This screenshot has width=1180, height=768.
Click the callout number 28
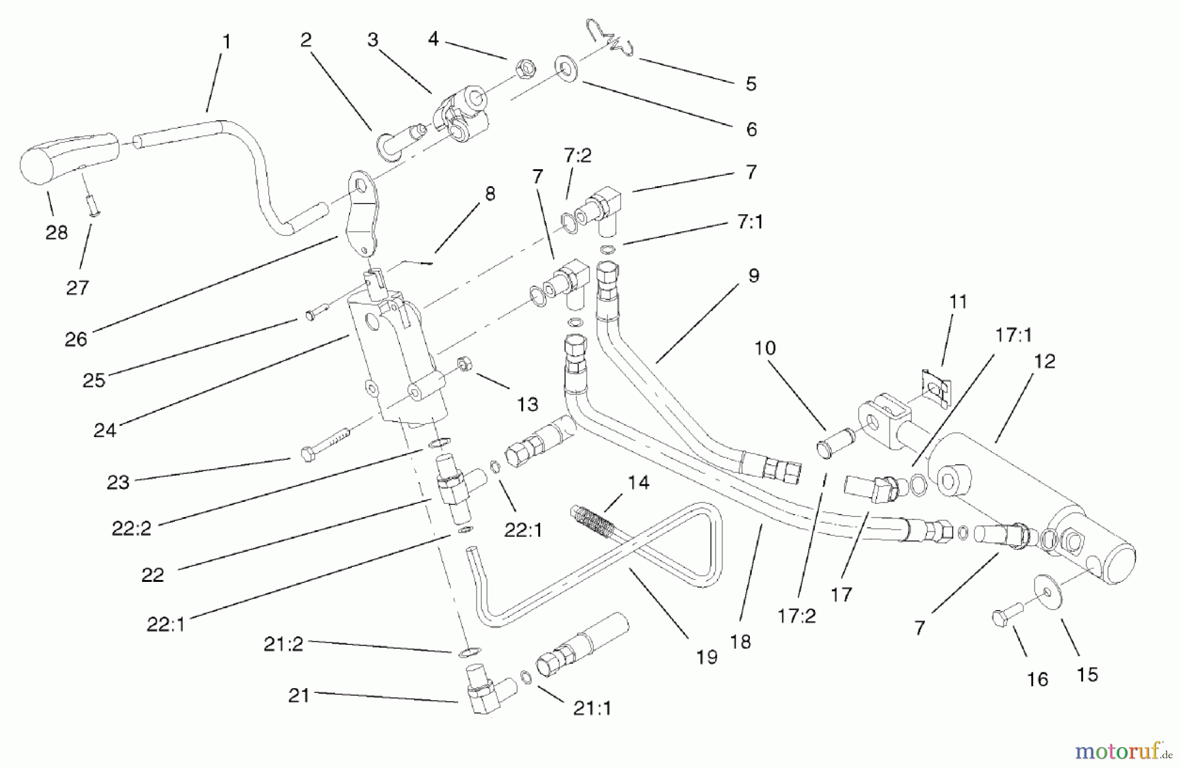point(56,232)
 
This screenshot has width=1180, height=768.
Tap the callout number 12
point(1045,361)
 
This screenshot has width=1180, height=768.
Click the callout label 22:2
point(132,528)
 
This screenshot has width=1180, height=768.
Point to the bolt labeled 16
point(1004,617)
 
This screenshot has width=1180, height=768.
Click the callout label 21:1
point(592,708)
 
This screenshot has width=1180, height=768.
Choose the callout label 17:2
point(796,616)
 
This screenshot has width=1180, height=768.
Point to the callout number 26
point(76,339)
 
